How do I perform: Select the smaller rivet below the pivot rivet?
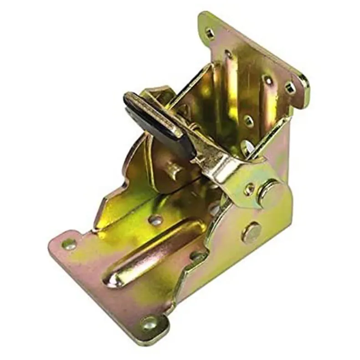click(x=252, y=233)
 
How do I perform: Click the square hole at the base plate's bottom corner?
click(x=149, y=324)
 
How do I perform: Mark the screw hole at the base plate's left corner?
click(x=69, y=244)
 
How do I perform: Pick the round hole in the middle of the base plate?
click(x=155, y=220)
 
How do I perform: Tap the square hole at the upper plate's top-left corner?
click(x=209, y=33)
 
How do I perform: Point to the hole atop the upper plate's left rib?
click(x=228, y=55)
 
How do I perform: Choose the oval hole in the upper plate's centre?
click(x=248, y=121)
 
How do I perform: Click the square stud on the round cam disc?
click(x=174, y=170)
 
